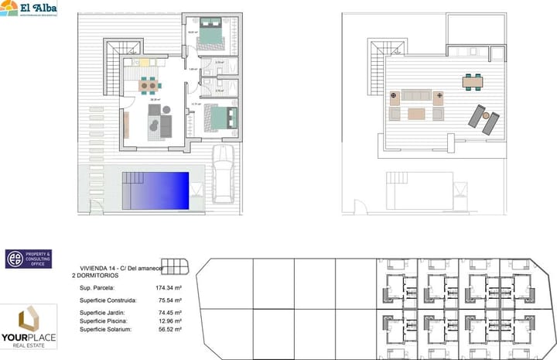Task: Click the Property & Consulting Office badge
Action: click(x=28, y=259)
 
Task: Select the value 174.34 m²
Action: click(x=168, y=287)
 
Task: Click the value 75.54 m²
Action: click(x=169, y=300)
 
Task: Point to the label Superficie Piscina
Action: click(x=104, y=321)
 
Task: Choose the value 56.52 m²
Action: click(x=169, y=329)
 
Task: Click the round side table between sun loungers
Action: click(x=485, y=116)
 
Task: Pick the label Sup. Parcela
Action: click(x=97, y=287)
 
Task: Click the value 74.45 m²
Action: click(x=169, y=312)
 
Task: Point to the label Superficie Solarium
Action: click(x=106, y=329)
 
